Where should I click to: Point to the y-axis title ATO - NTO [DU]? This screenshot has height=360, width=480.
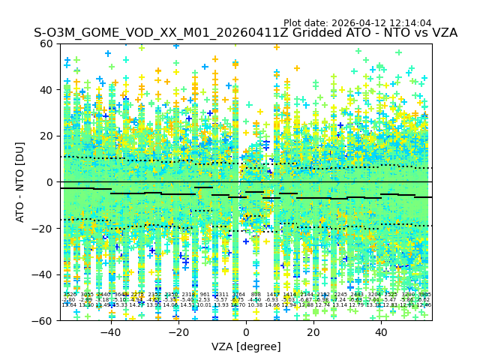[20, 181]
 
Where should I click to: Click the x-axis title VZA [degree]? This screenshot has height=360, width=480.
[246, 346]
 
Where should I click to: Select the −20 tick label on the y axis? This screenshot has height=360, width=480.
[45, 229]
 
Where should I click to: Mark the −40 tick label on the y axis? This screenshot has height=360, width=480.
[45, 274]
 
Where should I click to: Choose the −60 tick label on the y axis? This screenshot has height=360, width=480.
[45, 321]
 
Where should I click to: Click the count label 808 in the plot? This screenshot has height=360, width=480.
[256, 295]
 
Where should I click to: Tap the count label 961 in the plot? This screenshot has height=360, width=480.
[205, 295]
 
